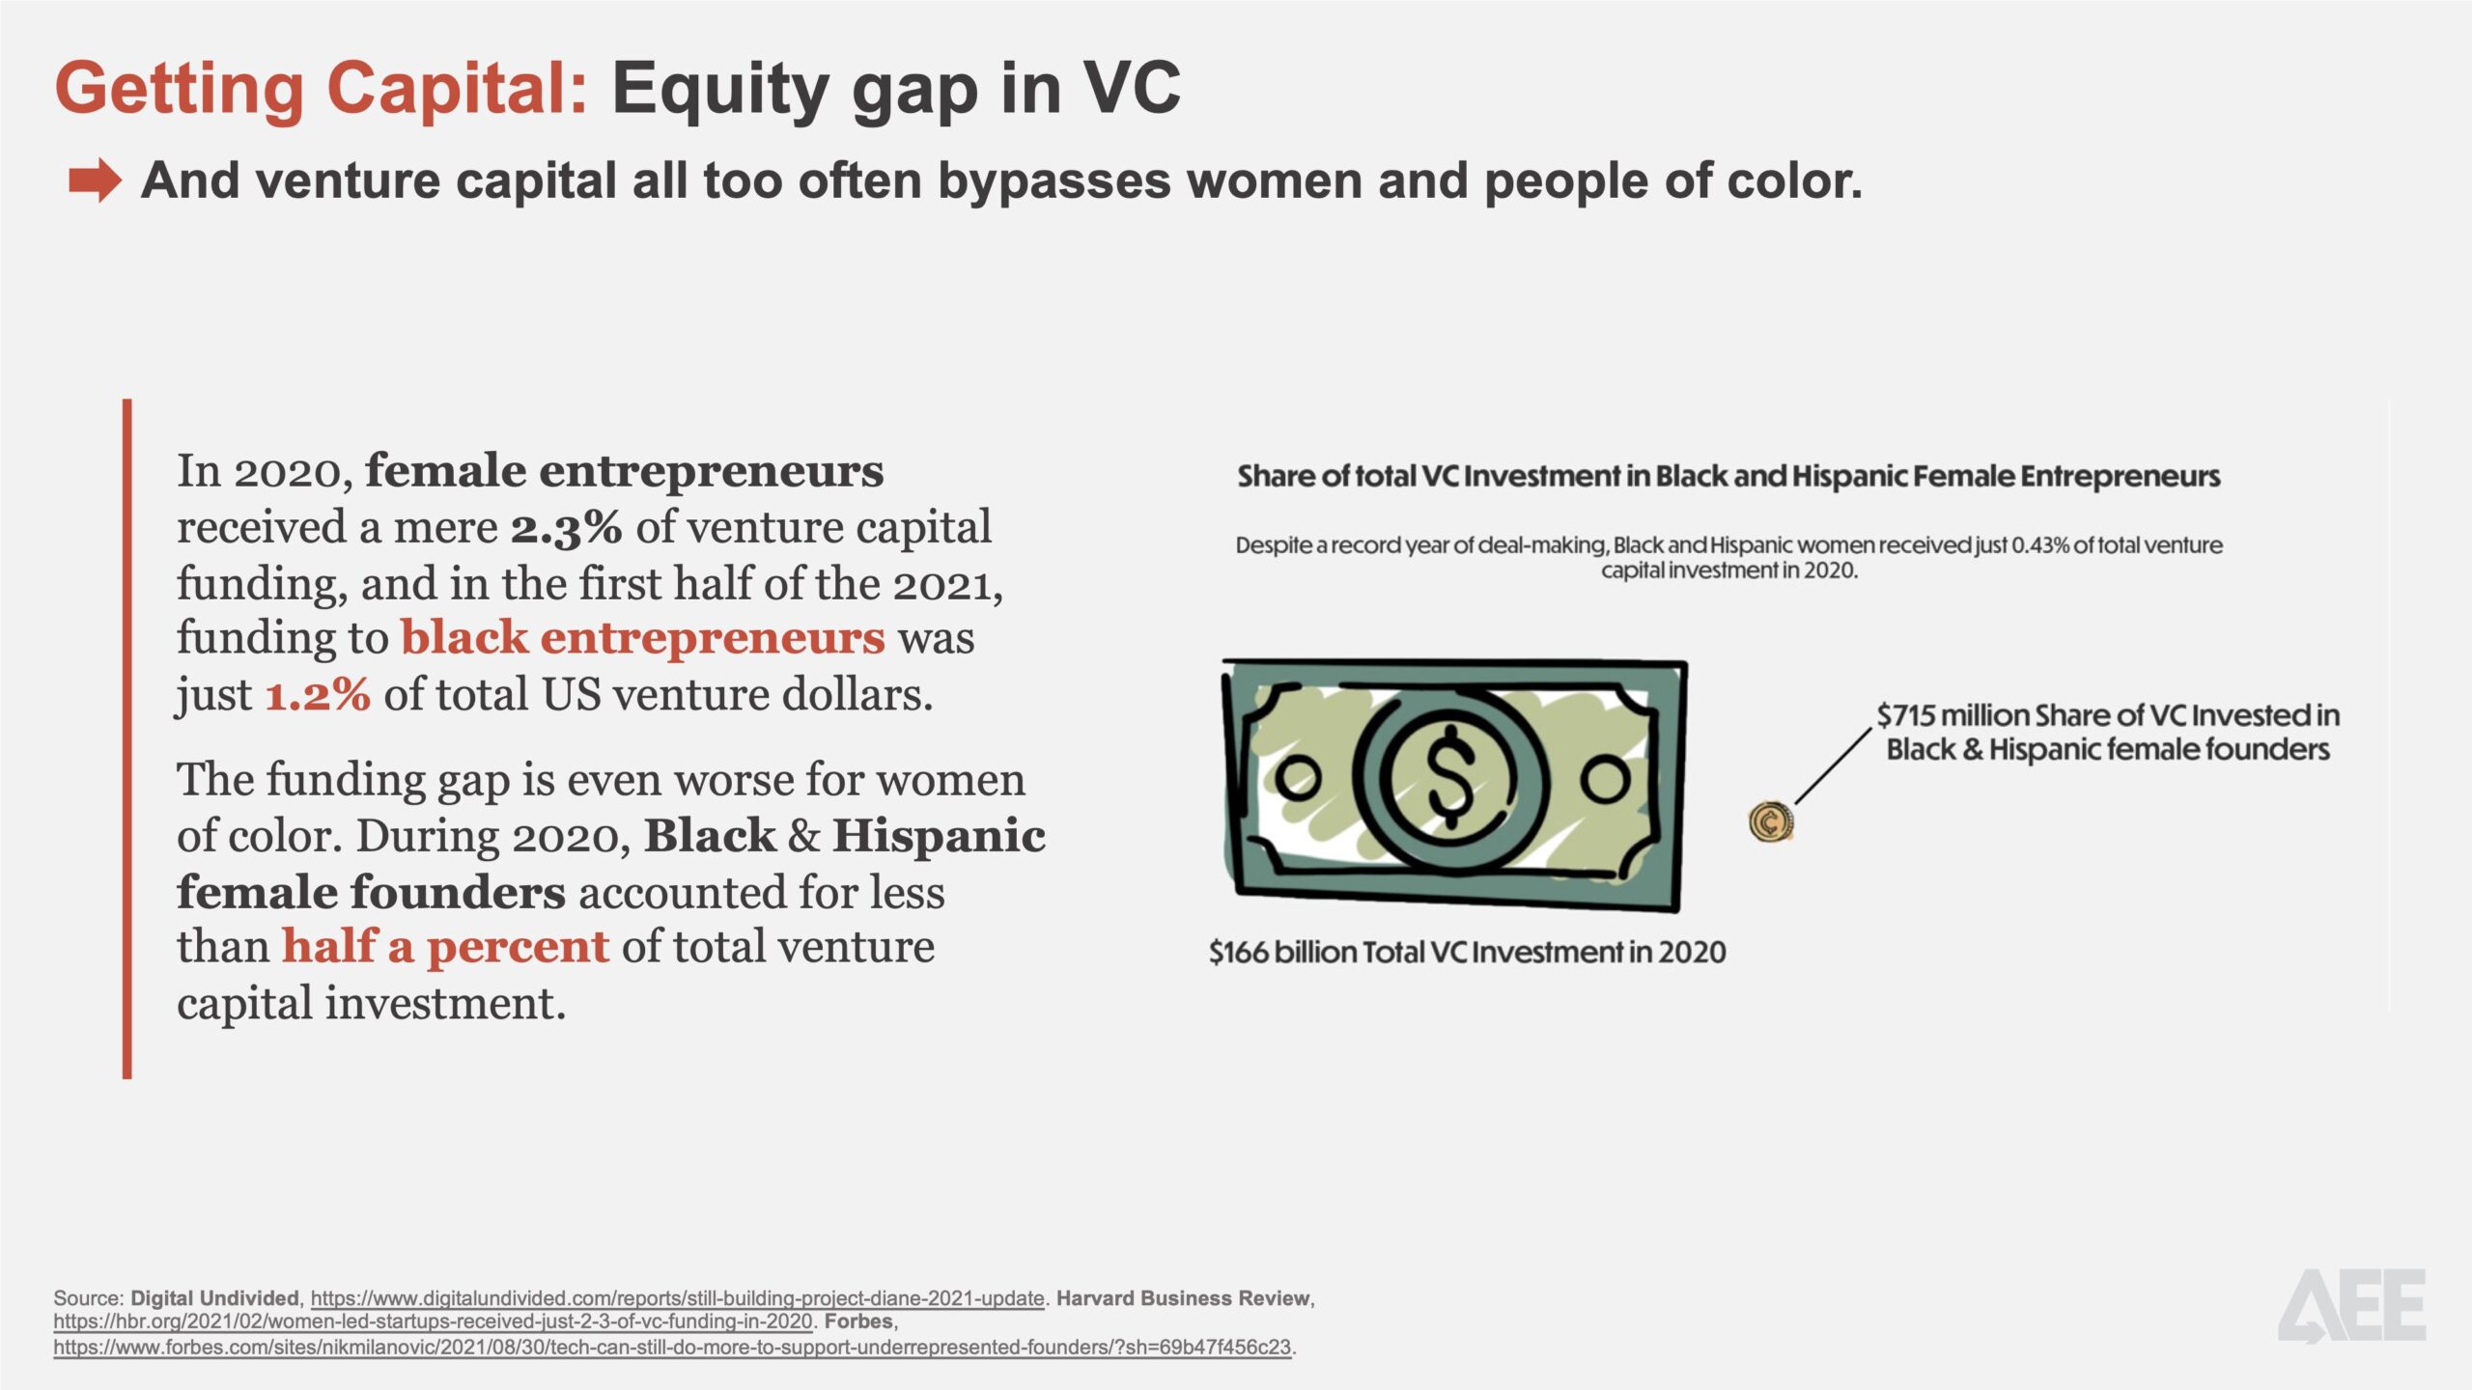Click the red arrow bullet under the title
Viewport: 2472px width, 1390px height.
click(95, 181)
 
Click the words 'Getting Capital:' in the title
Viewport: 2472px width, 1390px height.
click(322, 89)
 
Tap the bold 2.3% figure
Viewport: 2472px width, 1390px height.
click(566, 528)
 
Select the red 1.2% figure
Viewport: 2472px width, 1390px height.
click(318, 695)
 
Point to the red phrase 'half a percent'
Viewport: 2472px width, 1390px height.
click(445, 947)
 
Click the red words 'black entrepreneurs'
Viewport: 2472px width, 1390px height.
click(643, 638)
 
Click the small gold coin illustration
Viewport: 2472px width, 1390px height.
click(1771, 822)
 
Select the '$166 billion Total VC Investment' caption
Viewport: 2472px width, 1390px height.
click(1467, 953)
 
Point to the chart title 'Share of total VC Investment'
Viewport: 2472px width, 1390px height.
click(1728, 476)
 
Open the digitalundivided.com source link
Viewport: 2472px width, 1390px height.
click(677, 1298)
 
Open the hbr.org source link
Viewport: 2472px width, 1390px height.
click(434, 1321)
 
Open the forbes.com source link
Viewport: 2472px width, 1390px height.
click(672, 1348)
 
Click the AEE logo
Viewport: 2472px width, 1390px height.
click(2352, 1306)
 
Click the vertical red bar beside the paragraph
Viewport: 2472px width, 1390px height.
click(127, 738)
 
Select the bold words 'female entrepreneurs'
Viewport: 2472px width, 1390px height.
click(625, 471)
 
